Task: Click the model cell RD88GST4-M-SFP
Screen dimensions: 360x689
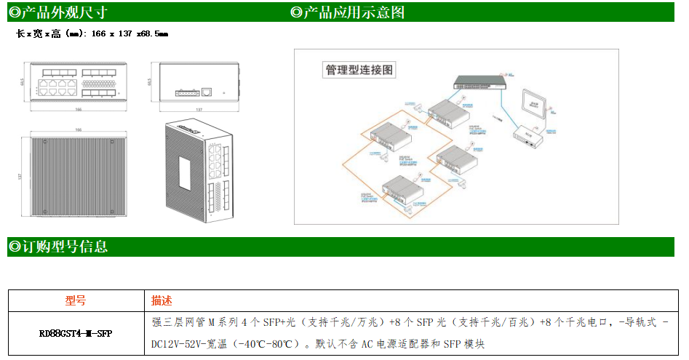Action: click(76, 334)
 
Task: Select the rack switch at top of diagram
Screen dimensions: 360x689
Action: click(476, 81)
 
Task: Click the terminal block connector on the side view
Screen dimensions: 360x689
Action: click(185, 93)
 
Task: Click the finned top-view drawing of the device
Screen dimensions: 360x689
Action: click(78, 177)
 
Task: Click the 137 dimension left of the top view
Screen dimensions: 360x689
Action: click(21, 177)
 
